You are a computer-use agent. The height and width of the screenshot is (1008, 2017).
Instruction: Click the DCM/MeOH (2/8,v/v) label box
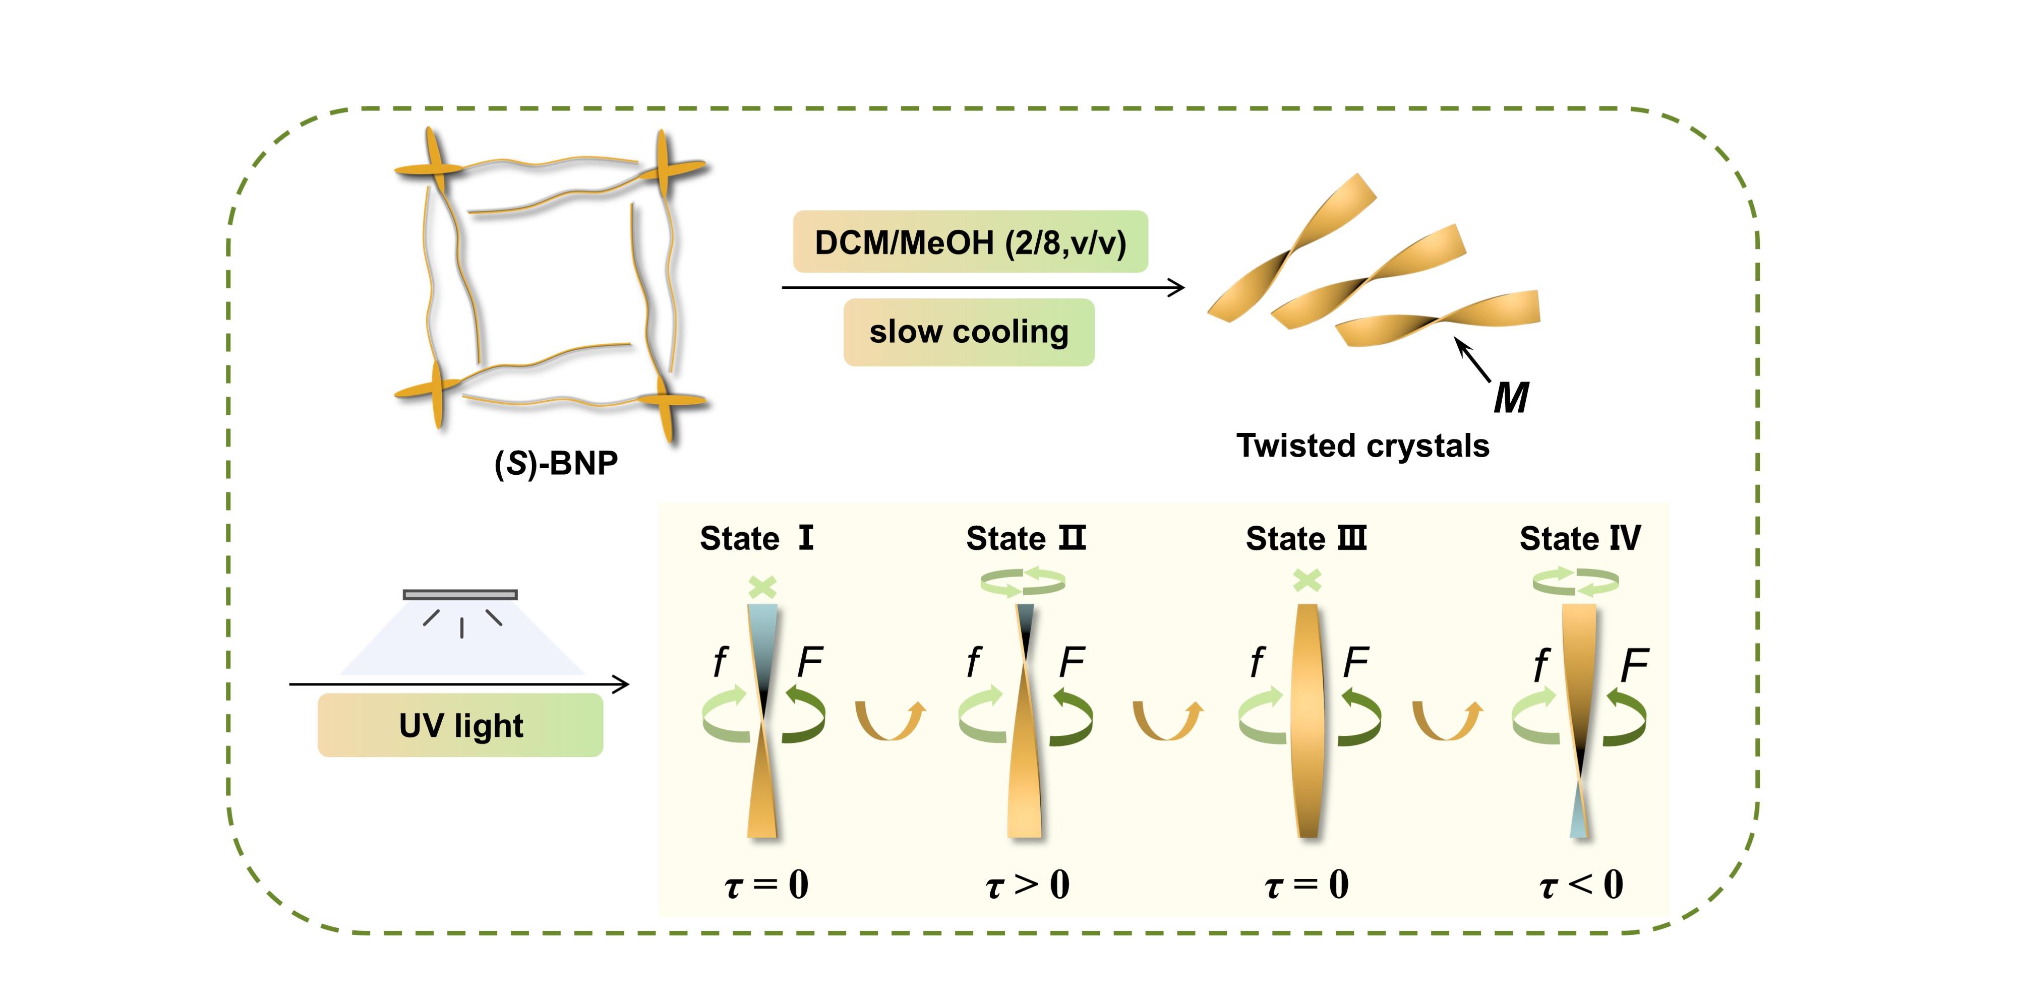coord(970,242)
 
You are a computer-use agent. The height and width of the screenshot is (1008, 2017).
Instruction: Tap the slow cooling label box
coord(969,332)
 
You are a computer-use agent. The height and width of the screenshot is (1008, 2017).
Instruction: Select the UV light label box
coord(460,725)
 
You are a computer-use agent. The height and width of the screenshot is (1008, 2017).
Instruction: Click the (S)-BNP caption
coord(556,463)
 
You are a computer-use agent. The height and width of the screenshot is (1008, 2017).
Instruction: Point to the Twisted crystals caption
coord(1362,446)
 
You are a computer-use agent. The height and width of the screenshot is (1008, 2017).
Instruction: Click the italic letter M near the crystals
coord(1510,398)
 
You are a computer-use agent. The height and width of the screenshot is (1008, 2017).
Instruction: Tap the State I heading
coord(756,538)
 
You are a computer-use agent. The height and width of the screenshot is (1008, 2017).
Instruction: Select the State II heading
coord(1026,538)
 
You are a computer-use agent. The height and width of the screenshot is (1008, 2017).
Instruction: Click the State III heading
coord(1306,538)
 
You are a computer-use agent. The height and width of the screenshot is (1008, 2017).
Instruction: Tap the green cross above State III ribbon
coord(1308,581)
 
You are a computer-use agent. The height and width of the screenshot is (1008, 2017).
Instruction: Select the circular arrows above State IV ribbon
coord(1575,582)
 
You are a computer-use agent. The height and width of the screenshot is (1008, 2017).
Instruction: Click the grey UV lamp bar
coord(460,595)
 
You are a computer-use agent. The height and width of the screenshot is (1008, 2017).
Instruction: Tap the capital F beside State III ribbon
coord(1355,662)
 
